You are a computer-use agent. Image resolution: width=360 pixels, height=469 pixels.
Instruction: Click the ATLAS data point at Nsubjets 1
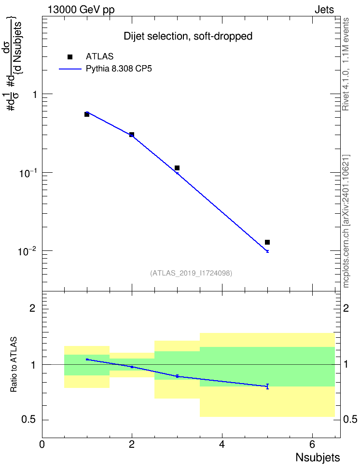click(x=87, y=114)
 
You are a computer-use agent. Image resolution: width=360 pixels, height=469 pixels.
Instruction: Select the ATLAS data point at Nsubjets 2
click(x=132, y=135)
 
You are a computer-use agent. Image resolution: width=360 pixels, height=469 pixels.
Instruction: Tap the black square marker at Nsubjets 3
click(x=177, y=168)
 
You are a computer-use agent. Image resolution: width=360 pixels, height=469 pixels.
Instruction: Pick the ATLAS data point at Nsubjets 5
click(x=267, y=242)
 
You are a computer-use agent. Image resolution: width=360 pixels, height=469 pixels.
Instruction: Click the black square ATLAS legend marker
click(x=70, y=57)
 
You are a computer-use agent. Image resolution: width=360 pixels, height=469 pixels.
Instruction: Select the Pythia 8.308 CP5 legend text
click(x=119, y=69)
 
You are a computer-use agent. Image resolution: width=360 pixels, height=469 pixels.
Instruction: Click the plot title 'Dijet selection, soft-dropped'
click(x=188, y=36)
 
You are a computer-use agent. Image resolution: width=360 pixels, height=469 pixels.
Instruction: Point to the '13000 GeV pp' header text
click(x=81, y=10)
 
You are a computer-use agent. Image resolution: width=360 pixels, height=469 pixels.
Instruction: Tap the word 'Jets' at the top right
click(x=324, y=10)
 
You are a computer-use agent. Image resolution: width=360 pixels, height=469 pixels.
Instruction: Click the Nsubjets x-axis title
click(x=318, y=457)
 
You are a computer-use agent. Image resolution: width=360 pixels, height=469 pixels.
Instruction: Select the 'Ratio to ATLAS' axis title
click(x=14, y=365)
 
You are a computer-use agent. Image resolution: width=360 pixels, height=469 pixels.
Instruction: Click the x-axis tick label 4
click(x=222, y=444)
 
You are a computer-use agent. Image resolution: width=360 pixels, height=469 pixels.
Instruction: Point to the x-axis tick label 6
click(x=312, y=444)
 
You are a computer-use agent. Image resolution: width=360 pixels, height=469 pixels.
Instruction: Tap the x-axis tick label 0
click(x=42, y=444)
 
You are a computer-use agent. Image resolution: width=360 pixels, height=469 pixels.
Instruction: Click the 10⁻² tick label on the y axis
click(x=27, y=250)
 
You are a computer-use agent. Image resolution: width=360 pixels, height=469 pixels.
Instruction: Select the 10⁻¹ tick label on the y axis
click(x=27, y=173)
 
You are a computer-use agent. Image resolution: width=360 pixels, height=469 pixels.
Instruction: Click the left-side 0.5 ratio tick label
click(x=29, y=420)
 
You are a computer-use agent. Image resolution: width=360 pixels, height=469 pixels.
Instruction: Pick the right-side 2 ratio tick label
click(x=346, y=308)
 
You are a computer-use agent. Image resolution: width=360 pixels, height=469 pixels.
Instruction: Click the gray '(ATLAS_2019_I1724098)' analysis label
click(x=191, y=273)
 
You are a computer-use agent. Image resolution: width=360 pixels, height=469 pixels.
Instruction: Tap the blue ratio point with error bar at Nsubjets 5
click(x=267, y=386)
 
